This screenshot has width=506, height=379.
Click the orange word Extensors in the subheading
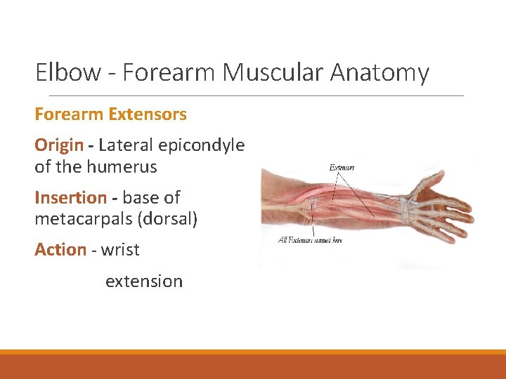tap(148, 114)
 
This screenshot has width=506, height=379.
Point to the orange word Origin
tap(58, 145)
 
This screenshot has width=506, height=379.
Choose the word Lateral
tap(126, 145)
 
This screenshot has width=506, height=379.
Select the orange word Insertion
tap(70, 198)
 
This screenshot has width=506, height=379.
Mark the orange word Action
tap(60, 250)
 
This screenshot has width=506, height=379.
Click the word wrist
tap(120, 250)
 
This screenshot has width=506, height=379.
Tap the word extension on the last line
tap(144, 281)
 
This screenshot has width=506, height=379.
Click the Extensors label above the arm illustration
tap(342, 168)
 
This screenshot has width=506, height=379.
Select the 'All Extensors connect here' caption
tap(310, 241)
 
